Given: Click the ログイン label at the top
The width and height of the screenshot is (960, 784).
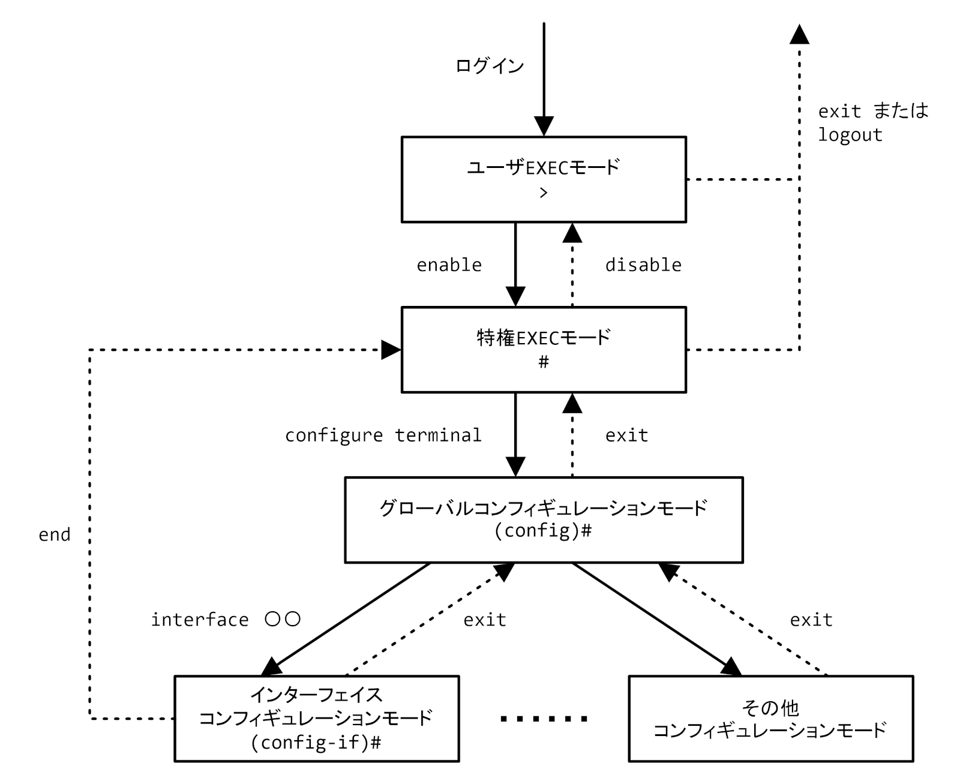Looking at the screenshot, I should point(490,65).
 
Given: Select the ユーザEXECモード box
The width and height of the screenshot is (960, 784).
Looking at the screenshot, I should point(543,179).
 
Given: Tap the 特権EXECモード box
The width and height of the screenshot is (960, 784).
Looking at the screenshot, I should point(543,350).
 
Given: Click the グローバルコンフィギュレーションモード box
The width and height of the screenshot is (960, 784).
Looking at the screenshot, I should point(543,519).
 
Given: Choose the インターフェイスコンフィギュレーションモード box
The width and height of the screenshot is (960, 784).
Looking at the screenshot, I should point(316,718).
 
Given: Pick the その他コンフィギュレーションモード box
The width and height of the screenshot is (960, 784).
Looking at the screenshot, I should point(770,718).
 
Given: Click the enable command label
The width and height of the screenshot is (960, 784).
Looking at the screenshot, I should point(449,265).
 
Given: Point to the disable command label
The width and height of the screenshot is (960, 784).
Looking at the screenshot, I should point(643,265).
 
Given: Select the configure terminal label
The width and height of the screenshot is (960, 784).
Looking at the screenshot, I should point(383,435).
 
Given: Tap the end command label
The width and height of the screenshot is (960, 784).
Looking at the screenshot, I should point(55,534).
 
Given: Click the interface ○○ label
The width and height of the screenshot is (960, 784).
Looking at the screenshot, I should point(225,620).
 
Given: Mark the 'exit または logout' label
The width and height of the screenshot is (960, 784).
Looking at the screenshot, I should point(873,122).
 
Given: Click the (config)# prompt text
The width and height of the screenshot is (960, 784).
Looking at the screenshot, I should point(543,531).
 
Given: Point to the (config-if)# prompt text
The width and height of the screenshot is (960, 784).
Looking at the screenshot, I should point(316,743).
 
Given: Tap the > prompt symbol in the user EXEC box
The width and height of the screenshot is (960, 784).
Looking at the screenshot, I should point(543,193).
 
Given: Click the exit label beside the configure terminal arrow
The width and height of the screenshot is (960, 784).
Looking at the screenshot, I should point(626,435).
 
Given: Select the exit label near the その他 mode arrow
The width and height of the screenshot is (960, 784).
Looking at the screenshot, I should point(811,620).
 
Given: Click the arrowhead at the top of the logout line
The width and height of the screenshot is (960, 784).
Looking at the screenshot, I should point(799,35).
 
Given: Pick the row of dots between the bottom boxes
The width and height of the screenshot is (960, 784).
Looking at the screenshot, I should point(544,719).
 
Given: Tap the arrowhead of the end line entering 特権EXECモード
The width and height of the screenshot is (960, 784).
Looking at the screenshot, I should point(391,350).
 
